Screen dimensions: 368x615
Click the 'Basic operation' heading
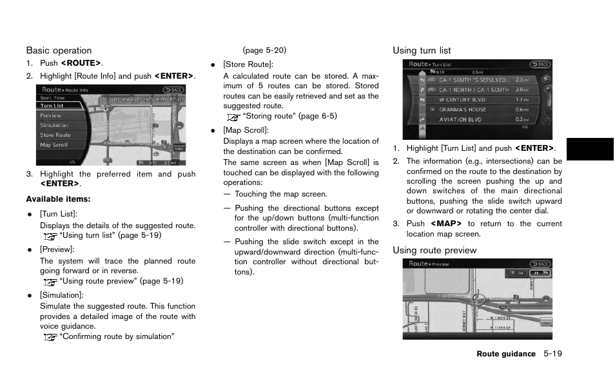pos(59,50)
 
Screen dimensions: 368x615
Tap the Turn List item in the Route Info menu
pos(52,106)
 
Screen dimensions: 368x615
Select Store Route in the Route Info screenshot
pos(55,135)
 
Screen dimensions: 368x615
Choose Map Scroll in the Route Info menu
pos(54,145)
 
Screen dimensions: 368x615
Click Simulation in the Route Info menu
pos(54,126)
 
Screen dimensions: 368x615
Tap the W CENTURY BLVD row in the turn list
pos(463,100)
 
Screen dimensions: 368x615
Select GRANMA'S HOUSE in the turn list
pos(463,110)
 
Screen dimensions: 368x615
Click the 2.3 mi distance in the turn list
pos(522,81)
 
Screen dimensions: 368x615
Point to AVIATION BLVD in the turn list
pos(460,119)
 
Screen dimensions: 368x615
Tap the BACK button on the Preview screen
pos(540,264)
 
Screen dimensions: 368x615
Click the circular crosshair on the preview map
pos(478,299)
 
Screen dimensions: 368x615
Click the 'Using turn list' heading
pos(422,50)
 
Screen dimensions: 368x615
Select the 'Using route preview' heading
pos(434,250)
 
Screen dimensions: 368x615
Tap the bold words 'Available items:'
pos(58,199)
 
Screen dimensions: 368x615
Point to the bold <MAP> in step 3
pos(446,224)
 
